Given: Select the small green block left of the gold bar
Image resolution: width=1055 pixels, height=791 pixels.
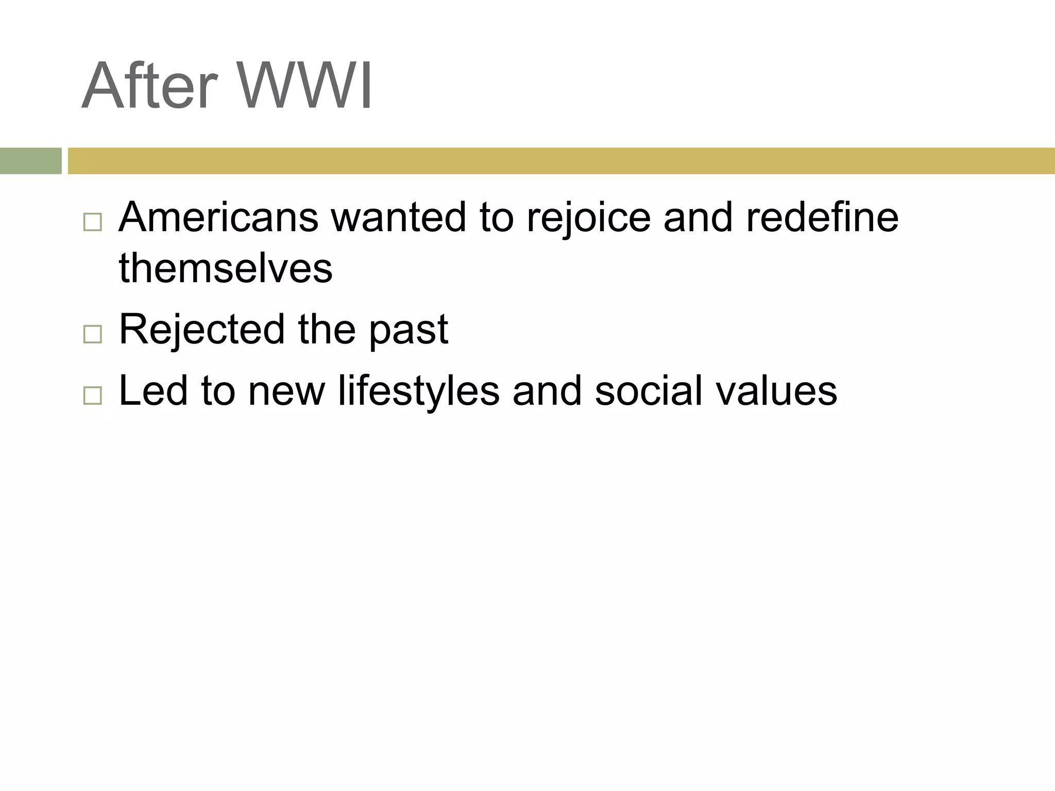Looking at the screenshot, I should coord(30,161).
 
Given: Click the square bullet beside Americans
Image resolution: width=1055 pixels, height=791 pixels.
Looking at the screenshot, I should coord(92,222).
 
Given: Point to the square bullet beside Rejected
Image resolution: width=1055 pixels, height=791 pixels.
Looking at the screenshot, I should coord(92,334).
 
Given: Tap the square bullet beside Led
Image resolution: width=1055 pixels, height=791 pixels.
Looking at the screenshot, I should coord(92,395).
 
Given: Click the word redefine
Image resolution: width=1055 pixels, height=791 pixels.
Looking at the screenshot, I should coord(822,217).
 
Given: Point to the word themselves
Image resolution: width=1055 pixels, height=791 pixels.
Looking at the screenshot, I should coord(226,268).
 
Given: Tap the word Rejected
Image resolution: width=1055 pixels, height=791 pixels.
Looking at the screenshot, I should coord(201,330).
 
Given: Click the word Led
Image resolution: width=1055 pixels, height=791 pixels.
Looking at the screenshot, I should coord(153,391).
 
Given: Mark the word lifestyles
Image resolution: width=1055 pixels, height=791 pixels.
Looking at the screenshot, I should coord(418,391).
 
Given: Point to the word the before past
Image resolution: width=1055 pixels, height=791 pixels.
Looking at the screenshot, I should coord(327,330).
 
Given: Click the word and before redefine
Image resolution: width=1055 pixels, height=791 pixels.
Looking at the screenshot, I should coord(697,217).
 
